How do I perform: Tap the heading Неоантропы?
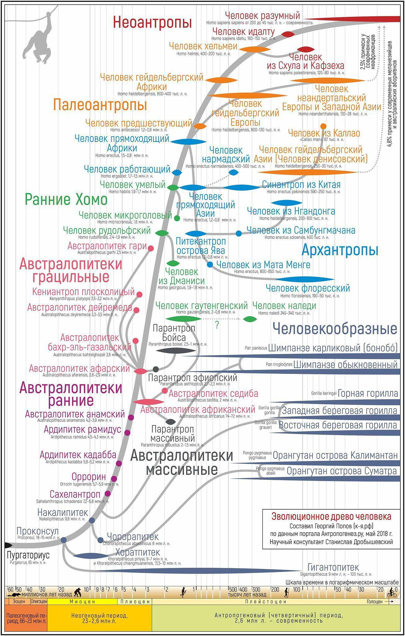pyautogui.click(x=152, y=22)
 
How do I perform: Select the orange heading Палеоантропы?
pyautogui.click(x=100, y=105)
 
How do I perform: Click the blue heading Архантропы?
pyautogui.click(x=340, y=250)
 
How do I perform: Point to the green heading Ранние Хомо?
pyautogui.click(x=66, y=199)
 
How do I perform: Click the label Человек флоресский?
pyautogui.click(x=308, y=288)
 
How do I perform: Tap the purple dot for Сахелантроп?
pyautogui.click(x=108, y=493)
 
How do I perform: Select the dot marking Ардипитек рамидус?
pyautogui.click(x=127, y=432)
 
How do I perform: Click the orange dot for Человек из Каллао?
pyautogui.click(x=323, y=126)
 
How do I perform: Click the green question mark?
pyautogui.click(x=217, y=325)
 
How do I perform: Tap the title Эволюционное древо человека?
pyautogui.click(x=331, y=516)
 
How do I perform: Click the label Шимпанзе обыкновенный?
pyautogui.click(x=345, y=364)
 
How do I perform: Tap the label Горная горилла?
pyautogui.click(x=368, y=393)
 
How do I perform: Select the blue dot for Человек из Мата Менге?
pyautogui.click(x=210, y=265)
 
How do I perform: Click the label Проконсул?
pyautogui.click(x=38, y=531)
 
